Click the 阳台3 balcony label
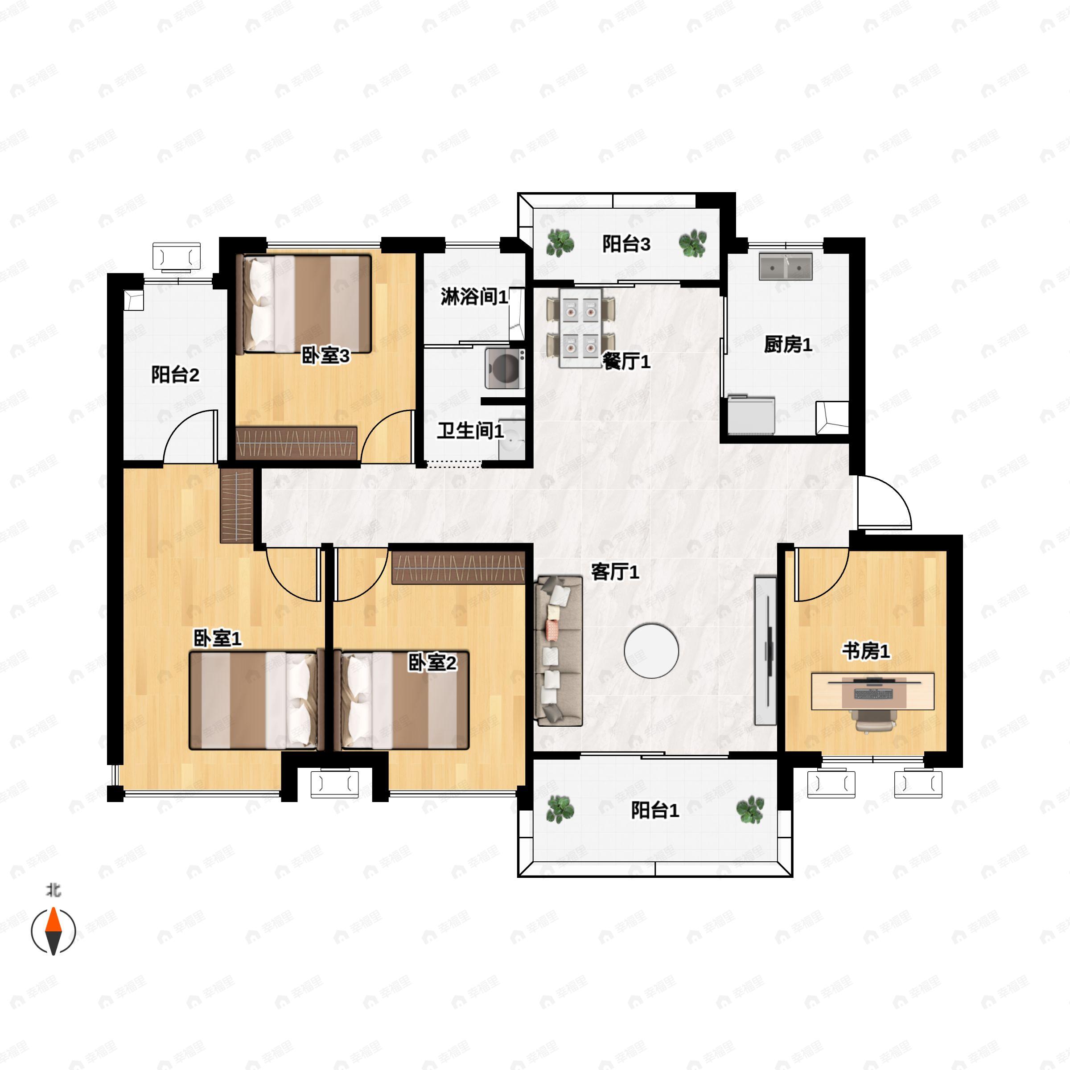tap(626, 244)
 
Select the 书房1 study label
tap(866, 651)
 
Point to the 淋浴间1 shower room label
tap(474, 297)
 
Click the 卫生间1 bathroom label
tap(470, 430)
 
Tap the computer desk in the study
tap(873, 691)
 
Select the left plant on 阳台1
tap(560, 809)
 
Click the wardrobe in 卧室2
tap(458, 568)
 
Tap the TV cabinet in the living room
tap(765, 651)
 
